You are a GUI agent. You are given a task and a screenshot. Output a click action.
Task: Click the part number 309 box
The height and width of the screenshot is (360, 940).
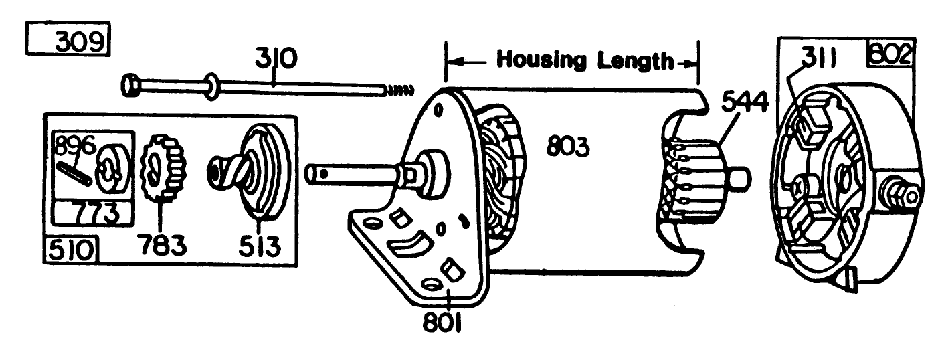coord(67,41)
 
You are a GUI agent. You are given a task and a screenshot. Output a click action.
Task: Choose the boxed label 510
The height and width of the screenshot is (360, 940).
coord(71,251)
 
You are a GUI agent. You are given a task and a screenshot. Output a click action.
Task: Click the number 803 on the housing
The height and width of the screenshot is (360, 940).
coord(568,146)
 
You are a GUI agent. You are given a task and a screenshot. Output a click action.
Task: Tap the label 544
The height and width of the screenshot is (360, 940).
coord(742,102)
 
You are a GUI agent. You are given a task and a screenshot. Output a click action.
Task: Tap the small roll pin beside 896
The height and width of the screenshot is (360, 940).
coord(78,171)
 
